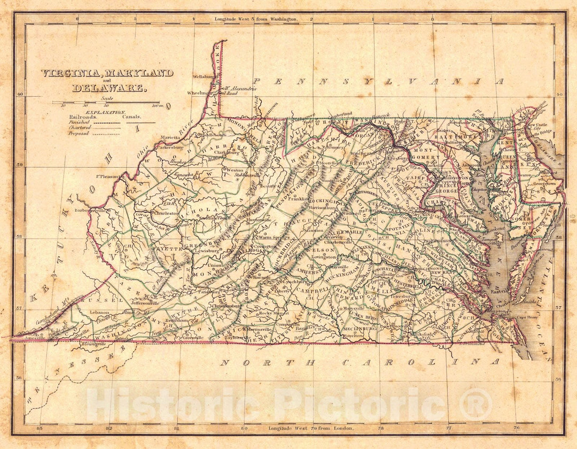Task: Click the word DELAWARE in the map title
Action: (107, 88)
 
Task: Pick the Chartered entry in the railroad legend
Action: (79, 128)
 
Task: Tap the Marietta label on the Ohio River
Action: (169, 137)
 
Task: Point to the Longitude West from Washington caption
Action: (256, 19)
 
